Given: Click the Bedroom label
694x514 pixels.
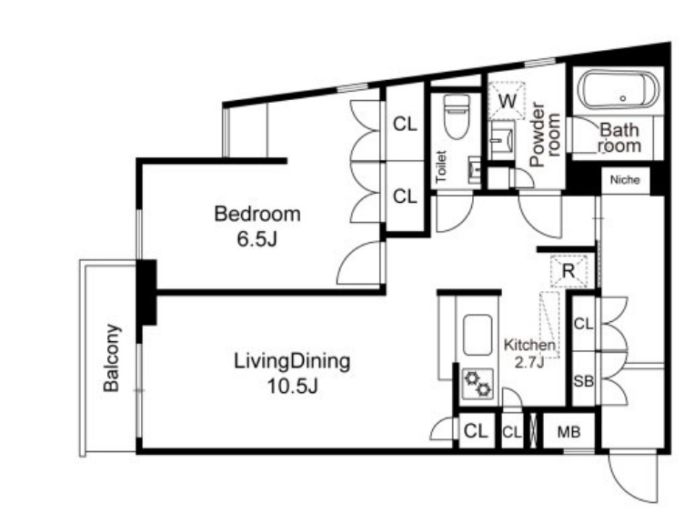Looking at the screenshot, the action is click(257, 214).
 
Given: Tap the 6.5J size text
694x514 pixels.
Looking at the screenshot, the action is click(257, 239).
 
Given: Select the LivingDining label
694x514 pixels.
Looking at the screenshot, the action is click(292, 361).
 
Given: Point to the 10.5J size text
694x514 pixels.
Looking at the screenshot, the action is click(293, 387).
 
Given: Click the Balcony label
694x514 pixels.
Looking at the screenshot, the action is click(111, 358).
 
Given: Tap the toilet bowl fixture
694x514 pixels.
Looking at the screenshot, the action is click(457, 116).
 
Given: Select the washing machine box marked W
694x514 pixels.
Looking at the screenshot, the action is click(507, 100).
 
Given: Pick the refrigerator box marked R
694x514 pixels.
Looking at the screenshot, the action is click(568, 270).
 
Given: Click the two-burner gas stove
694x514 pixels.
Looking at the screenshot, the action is click(478, 383).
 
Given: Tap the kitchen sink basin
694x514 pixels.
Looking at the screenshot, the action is click(478, 335).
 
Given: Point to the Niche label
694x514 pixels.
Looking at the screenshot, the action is click(625, 180).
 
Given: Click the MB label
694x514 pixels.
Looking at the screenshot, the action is click(568, 431).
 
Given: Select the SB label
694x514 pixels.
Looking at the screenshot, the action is click(583, 381).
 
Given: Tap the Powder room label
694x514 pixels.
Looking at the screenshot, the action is click(545, 135).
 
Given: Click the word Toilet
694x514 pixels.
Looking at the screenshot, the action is click(441, 166).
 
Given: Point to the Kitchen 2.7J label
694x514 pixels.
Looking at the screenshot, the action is click(529, 353).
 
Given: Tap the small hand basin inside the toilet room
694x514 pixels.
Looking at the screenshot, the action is click(474, 170).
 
